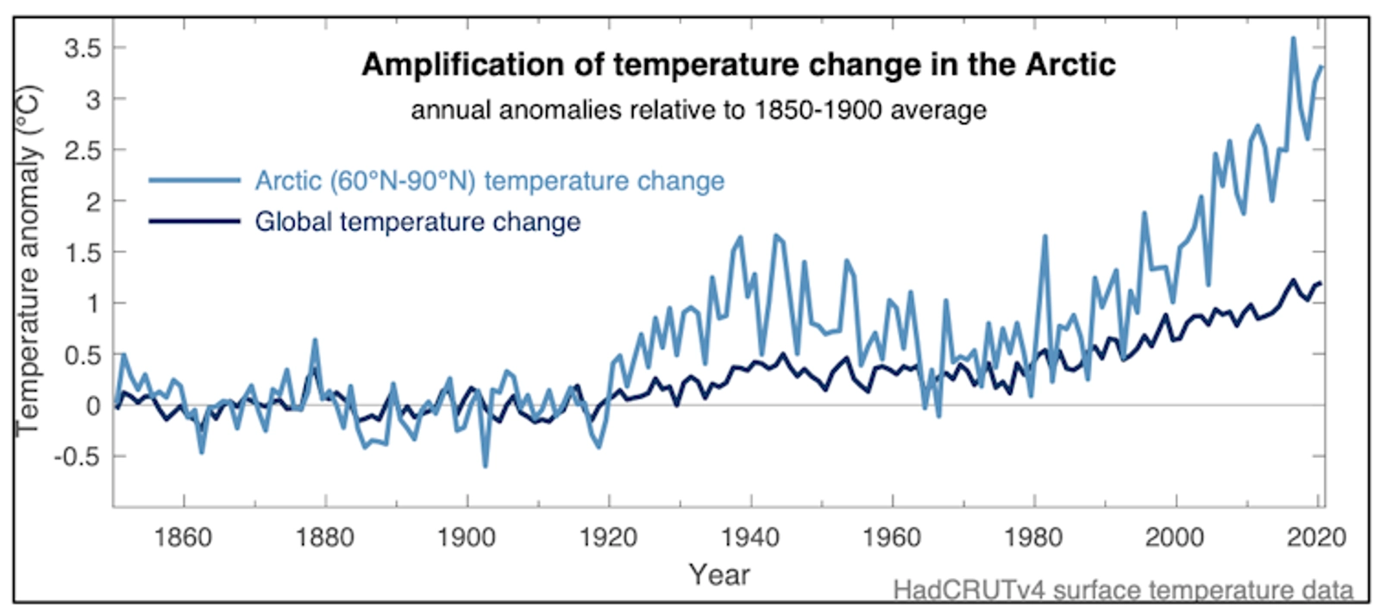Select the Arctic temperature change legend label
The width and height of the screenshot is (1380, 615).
tap(489, 181)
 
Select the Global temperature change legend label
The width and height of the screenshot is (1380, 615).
tap(417, 222)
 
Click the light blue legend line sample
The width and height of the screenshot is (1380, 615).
tap(194, 180)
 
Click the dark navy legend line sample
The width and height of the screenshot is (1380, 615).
tap(194, 222)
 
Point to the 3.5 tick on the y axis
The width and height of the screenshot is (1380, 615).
tap(83, 48)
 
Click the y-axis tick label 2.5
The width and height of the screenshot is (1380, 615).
tap(83, 151)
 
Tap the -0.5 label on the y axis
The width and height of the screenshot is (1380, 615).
tap(78, 456)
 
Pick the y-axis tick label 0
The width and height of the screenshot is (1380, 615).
tap(93, 405)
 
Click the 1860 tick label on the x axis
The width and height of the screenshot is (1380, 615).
tap(183, 538)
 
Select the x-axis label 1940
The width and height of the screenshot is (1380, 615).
tap(750, 538)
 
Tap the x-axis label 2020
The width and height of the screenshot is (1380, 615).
tap(1316, 538)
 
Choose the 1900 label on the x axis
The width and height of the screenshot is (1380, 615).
tap(466, 538)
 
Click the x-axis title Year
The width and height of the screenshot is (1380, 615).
tap(718, 574)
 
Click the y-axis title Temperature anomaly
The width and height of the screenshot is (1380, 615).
tap(28, 259)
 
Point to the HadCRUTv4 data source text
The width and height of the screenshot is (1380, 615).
tap(1122, 591)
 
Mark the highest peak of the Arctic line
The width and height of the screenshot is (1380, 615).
tap(1293, 38)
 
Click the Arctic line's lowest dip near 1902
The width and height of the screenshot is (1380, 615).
tap(485, 467)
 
